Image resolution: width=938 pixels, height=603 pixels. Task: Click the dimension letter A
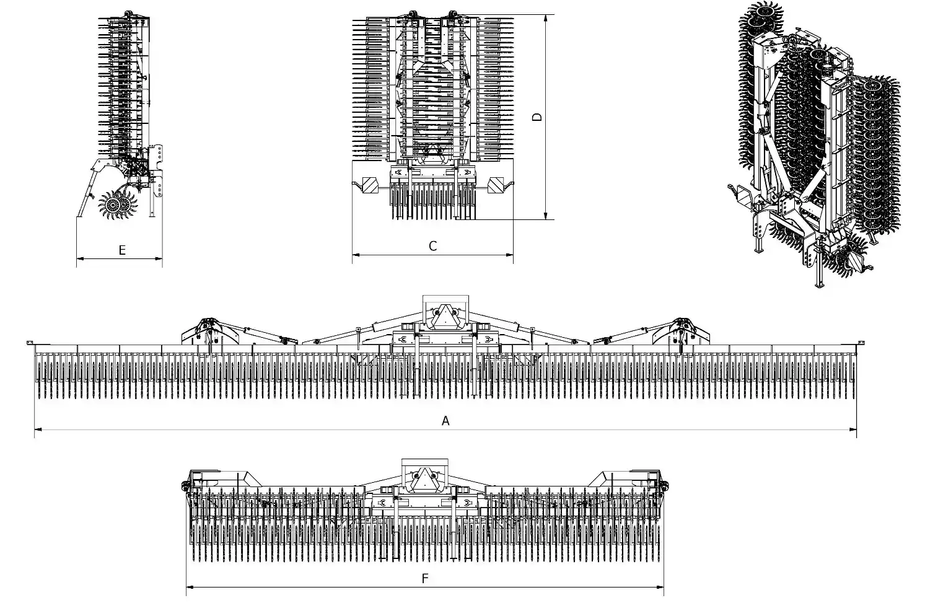tap(445, 421)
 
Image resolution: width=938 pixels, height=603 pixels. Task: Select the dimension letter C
tap(432, 246)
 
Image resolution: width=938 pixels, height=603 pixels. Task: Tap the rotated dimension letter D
tap(537, 117)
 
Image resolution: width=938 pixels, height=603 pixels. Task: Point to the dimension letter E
tap(122, 250)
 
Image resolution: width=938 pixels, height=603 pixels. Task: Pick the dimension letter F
tap(425, 579)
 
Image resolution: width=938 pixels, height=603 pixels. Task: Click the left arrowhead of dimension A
tap(38, 428)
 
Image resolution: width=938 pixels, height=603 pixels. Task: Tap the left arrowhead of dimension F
tap(190, 586)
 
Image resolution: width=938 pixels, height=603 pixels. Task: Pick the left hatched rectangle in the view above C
tap(370, 184)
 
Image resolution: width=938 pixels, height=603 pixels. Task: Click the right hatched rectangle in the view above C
tap(496, 184)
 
